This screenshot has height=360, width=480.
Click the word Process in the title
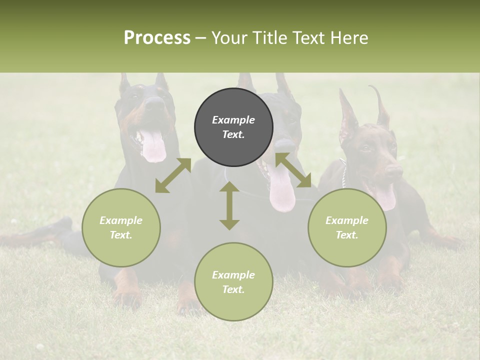click(157, 38)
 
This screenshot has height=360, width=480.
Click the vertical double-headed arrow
click(229, 205)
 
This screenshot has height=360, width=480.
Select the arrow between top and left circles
click(173, 175)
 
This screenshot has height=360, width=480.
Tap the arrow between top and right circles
click(293, 170)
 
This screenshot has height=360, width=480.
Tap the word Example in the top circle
click(233, 120)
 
